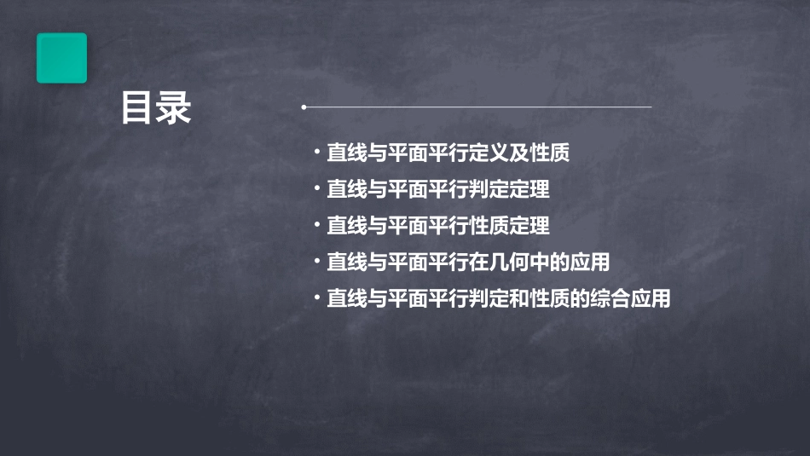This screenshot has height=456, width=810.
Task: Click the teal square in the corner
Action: tap(61, 58)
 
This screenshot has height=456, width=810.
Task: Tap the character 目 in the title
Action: tap(137, 108)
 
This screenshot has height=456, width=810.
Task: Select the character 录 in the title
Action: tap(174, 108)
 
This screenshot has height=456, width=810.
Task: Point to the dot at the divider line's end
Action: tap(304, 107)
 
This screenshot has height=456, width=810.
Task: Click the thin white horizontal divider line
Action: tap(477, 107)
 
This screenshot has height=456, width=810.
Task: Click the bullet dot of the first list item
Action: tap(316, 153)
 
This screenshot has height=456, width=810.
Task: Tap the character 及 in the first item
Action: tap(519, 153)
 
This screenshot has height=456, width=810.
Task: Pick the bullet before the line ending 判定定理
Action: tap(316, 190)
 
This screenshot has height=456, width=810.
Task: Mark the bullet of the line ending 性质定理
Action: tap(316, 226)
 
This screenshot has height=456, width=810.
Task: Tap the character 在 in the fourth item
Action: tap(478, 263)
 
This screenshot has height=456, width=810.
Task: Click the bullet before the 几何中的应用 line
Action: tap(316, 263)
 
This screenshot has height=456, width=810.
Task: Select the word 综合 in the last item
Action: tap(610, 299)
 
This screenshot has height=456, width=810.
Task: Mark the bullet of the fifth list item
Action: tap(316, 299)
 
